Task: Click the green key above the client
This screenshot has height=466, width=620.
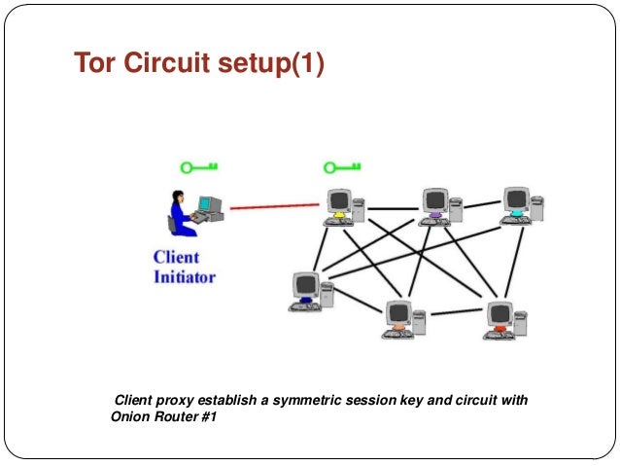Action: pyautogui.click(x=202, y=166)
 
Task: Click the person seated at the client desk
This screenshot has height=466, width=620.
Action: pyautogui.click(x=181, y=210)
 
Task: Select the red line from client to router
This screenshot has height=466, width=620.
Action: pyautogui.click(x=275, y=206)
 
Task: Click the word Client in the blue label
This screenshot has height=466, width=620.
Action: pyautogui.click(x=176, y=258)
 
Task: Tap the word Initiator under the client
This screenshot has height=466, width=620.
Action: pyautogui.click(x=185, y=276)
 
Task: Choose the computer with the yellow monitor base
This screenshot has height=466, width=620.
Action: pyautogui.click(x=340, y=206)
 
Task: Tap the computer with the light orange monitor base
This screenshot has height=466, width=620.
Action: pyautogui.click(x=401, y=318)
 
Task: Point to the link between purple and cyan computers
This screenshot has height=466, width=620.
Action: pyautogui.click(x=477, y=206)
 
